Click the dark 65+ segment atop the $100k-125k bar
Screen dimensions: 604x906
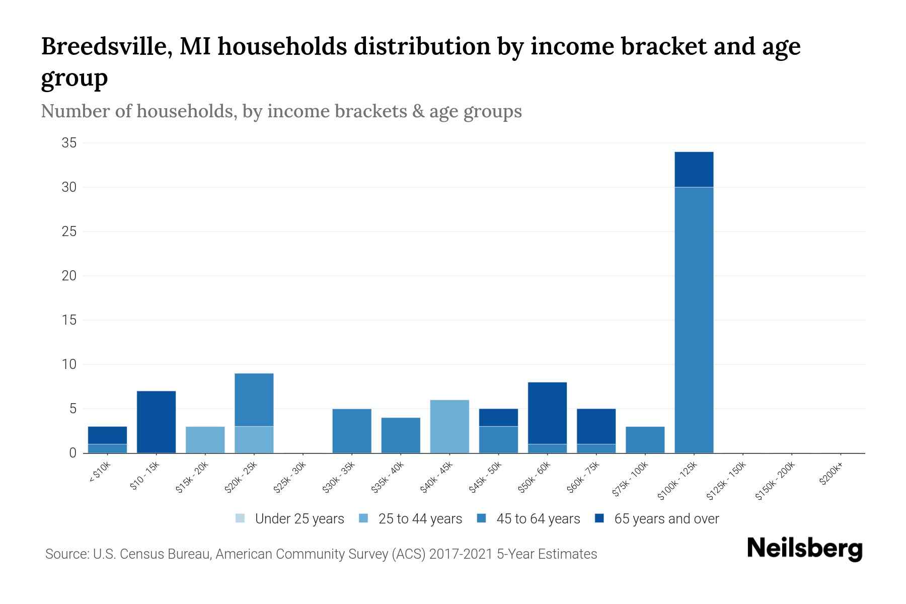(694, 169)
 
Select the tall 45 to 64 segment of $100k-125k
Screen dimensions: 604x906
(694, 320)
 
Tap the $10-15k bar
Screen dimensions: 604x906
(156, 422)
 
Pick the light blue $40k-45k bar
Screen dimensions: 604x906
(449, 426)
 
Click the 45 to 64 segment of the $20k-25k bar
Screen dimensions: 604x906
(254, 400)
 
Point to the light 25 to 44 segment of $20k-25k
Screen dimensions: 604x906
(254, 439)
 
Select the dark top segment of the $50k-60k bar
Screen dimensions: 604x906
(547, 413)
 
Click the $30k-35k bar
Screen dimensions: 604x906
(352, 431)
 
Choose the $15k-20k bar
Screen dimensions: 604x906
(205, 439)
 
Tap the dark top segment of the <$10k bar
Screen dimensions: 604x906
(107, 435)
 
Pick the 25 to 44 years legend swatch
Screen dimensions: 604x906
(363, 518)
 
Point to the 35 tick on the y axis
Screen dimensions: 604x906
(69, 143)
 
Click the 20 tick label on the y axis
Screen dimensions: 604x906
(69, 276)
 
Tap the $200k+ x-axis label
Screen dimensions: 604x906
(830, 475)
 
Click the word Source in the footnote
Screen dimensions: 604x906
(66, 554)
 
